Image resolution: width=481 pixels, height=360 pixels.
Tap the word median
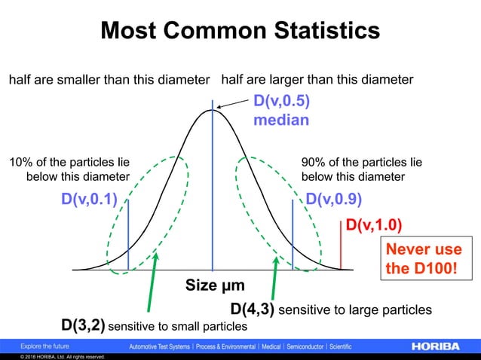point(281,119)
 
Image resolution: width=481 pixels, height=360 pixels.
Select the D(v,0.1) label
point(90,200)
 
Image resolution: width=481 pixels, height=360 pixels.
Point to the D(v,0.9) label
point(333,200)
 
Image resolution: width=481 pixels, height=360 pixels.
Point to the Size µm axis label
point(216,285)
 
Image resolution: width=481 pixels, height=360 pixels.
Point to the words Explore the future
point(46,346)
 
